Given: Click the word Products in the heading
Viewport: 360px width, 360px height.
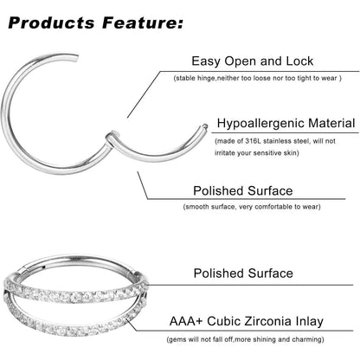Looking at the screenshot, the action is point(51,22).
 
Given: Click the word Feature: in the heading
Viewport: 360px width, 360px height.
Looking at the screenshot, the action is point(143,22).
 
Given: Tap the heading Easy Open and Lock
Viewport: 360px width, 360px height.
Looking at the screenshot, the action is point(253,61).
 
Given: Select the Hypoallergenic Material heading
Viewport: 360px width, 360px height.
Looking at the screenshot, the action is point(286,123).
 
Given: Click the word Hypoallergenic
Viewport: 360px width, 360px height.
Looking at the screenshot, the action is point(260,123).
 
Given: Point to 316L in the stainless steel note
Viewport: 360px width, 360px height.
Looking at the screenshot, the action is point(254,141).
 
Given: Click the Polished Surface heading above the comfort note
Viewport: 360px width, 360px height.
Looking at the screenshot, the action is point(243,190).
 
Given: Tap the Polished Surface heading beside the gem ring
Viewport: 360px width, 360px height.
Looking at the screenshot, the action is point(243,273).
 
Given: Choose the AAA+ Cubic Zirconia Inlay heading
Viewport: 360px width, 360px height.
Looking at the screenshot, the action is point(247,321).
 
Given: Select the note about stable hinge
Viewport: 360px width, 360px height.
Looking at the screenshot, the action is point(258,78).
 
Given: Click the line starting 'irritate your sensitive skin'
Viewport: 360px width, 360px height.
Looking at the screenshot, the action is point(257,153).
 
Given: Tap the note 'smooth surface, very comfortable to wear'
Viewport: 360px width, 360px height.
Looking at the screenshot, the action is point(252,207).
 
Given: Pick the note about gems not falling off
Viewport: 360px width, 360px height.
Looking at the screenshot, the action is point(246,339).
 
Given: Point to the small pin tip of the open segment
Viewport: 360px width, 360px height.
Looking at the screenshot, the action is point(204,126).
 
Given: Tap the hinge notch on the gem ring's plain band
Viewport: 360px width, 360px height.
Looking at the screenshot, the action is point(23,271).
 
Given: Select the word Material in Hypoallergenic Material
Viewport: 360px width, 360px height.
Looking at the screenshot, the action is point(331,123).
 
